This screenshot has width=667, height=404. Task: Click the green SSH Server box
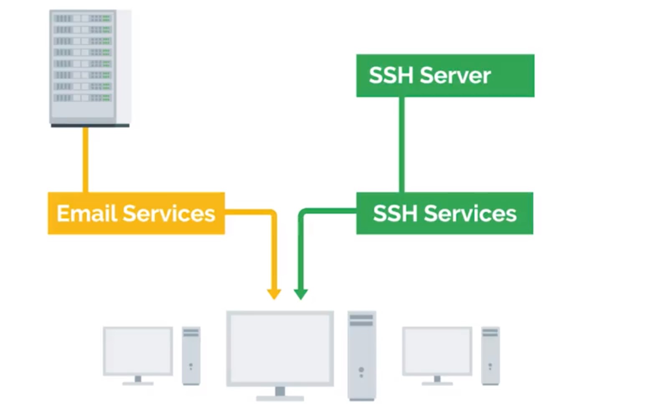click(445, 76)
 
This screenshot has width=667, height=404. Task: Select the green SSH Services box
click(444, 213)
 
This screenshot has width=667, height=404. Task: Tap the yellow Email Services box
click(136, 213)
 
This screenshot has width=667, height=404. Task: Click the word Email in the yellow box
click(86, 213)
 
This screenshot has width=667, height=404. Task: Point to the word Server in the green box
click(455, 76)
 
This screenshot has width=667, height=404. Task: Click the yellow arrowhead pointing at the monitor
click(274, 294)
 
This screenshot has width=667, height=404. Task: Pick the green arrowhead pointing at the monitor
click(301, 294)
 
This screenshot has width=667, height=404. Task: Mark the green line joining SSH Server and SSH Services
click(402, 144)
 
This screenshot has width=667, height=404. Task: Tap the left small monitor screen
click(138, 351)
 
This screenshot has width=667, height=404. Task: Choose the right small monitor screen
click(437, 351)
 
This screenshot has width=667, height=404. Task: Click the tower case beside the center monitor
click(362, 355)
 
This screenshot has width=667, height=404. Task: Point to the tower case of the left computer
click(191, 356)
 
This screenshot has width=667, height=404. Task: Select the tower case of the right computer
click(490, 356)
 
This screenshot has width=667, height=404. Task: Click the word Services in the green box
click(470, 213)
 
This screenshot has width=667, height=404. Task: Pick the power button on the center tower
click(361, 370)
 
